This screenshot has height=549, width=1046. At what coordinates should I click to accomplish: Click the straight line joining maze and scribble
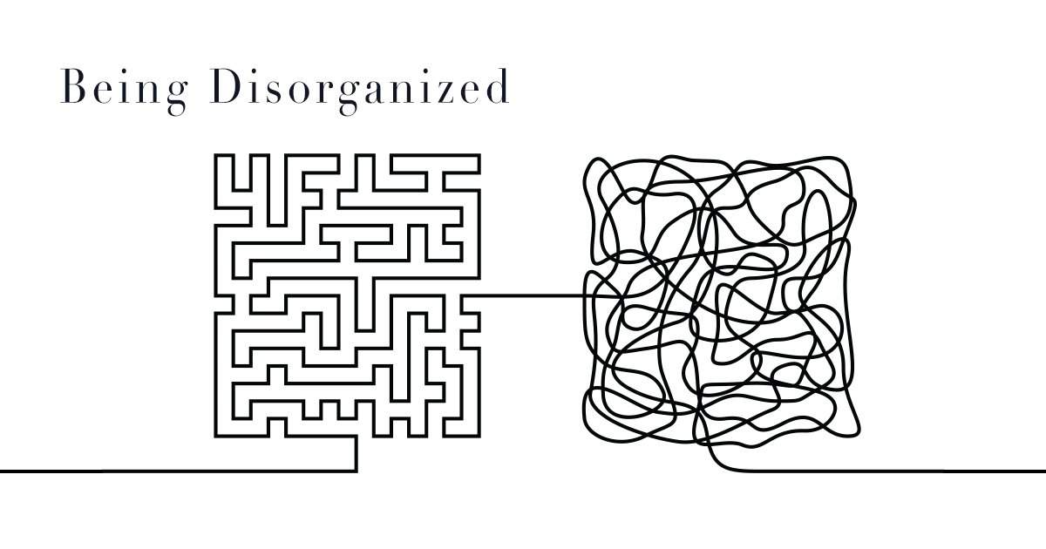(532, 296)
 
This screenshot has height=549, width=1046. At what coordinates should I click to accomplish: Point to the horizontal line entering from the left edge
(174, 471)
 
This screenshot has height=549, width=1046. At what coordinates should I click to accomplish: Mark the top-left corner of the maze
(216, 156)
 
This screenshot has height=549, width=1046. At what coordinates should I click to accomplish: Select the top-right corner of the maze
(478, 156)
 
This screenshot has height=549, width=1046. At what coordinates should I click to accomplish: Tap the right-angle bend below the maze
(356, 471)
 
